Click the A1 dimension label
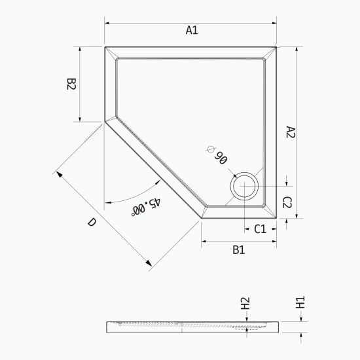[x=192, y=30]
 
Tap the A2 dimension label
[x=291, y=132]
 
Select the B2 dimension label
[x=71, y=84]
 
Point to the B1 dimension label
[x=239, y=250]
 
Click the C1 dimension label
[x=260, y=229]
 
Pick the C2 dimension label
[x=287, y=202]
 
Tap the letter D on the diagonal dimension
[x=92, y=222]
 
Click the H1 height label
[x=300, y=302]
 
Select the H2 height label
[x=245, y=303]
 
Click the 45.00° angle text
[x=146, y=206]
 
